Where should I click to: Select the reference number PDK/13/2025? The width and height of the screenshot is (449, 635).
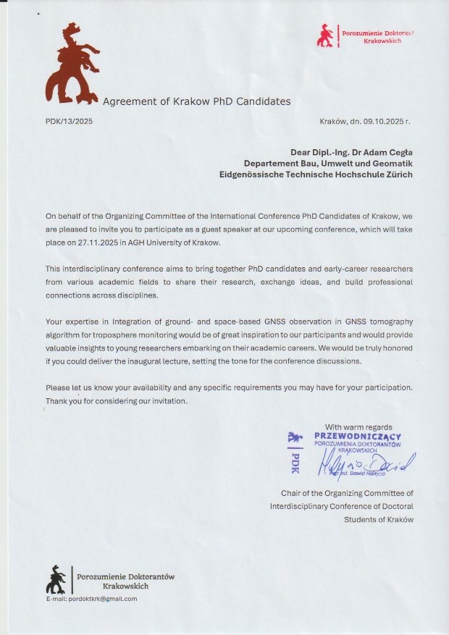coord(69,121)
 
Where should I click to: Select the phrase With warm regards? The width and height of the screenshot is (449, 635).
coord(358,426)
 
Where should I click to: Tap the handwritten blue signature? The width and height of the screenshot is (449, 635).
coord(366,463)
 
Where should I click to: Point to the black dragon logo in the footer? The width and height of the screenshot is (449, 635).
coord(56,579)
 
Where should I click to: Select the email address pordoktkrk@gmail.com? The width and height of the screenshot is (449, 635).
coord(91,599)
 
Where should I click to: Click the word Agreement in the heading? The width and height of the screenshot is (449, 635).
coord(130,101)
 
